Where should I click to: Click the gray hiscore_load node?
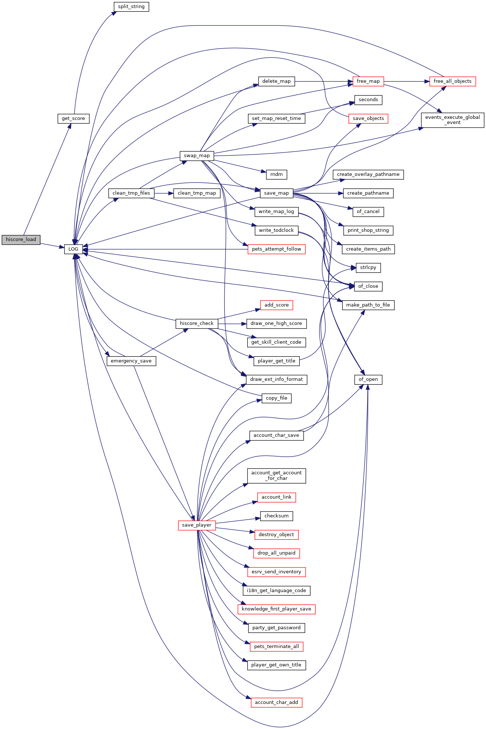tap(21, 240)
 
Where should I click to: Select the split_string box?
tap(131, 7)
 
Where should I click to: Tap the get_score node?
tap(74, 118)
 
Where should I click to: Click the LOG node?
tap(74, 249)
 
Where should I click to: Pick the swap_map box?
tap(197, 156)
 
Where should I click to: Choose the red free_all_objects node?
tap(453, 81)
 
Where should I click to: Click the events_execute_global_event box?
tap(453, 120)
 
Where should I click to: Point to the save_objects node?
tap(368, 118)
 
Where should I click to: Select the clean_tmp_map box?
tap(197, 193)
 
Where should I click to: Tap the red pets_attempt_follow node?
tap(277, 249)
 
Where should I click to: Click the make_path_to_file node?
tap(368, 305)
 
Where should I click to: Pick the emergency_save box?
tap(131, 361)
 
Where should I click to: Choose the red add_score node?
tap(277, 305)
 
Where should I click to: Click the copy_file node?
tap(277, 398)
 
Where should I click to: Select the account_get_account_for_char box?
tap(277, 476)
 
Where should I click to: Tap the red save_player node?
tap(197, 525)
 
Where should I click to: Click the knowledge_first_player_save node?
tap(277, 609)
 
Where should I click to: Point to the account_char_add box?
tap(277, 703)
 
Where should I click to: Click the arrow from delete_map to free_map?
tap(324, 81)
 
